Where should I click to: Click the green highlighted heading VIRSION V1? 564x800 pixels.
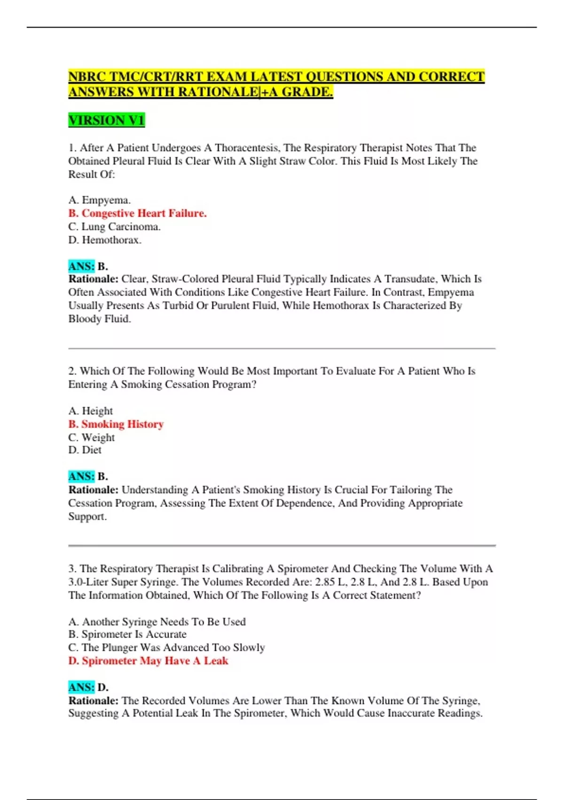tap(106, 120)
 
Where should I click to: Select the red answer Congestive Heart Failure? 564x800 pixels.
tap(137, 213)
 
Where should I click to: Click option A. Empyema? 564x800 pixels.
tap(99, 200)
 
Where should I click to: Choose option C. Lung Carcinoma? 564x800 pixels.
tap(114, 226)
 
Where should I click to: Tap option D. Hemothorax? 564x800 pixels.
tap(105, 240)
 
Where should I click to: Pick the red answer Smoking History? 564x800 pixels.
tap(116, 424)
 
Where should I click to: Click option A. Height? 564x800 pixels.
tap(91, 411)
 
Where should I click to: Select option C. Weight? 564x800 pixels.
tap(92, 437)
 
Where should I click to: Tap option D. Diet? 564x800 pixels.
tap(85, 450)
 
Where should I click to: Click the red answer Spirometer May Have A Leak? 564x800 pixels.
tap(148, 661)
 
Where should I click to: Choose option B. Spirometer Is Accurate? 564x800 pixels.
tap(127, 634)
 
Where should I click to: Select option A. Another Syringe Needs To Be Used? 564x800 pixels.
tap(157, 622)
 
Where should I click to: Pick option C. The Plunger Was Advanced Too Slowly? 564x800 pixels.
tap(166, 648)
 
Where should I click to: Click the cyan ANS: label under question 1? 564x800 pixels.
tap(81, 266)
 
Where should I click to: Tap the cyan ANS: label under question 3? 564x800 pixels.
tap(81, 687)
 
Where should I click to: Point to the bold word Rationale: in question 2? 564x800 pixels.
tap(93, 490)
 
